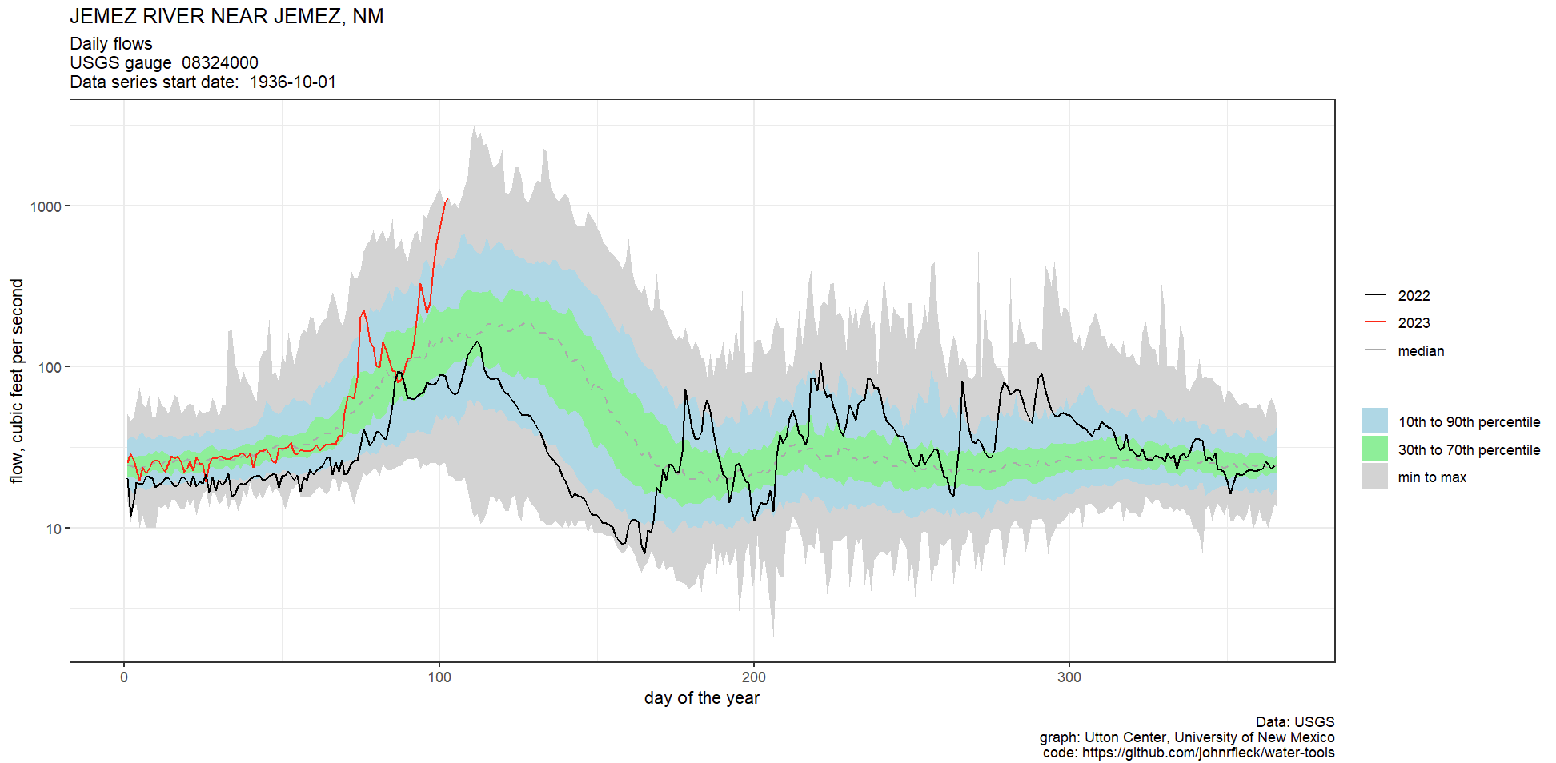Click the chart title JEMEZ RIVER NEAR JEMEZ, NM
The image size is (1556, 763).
tap(227, 17)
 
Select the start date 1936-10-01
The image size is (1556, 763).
tap(292, 82)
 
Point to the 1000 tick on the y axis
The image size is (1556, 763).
tap(46, 206)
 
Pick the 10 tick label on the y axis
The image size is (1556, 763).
tap(53, 529)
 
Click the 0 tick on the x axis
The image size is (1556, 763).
tap(124, 677)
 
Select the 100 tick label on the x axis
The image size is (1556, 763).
tap(439, 677)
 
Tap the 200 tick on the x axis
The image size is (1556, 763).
tap(754, 677)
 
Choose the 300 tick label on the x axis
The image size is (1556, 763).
tap(1069, 677)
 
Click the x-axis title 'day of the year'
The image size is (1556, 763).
tap(701, 698)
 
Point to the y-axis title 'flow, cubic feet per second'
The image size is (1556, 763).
tap(17, 381)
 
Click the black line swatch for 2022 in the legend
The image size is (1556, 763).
tap(1375, 295)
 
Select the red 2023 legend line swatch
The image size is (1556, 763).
tap(1375, 322)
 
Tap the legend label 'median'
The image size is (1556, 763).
tap(1421, 351)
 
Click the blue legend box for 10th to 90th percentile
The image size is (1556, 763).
tap(1375, 421)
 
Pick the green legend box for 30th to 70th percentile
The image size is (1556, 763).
tap(1375, 449)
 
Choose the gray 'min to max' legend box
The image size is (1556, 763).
tap(1375, 477)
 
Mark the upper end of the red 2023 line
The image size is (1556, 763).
tap(447, 198)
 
